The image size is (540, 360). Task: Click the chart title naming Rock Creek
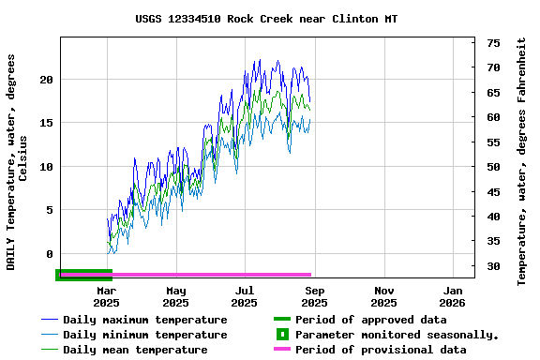point(266,19)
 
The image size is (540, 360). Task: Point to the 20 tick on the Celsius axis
point(46,80)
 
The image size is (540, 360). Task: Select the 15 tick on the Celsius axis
point(46,123)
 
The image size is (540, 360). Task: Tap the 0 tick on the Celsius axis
point(50,254)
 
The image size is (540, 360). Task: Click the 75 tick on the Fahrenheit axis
point(493,43)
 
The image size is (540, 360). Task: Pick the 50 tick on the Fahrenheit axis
point(493,167)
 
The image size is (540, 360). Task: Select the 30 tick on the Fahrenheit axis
point(493,266)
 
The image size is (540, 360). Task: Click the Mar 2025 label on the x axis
point(106,296)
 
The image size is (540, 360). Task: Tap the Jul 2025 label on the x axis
point(244,296)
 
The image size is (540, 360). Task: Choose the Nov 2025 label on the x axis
point(383,296)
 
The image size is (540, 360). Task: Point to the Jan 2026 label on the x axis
point(452,296)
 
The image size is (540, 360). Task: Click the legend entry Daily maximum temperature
point(144,320)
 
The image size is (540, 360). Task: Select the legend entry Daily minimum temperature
point(144,335)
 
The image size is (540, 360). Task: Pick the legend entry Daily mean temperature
point(135,350)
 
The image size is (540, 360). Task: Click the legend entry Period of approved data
point(370,320)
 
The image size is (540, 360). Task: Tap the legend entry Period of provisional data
point(380,350)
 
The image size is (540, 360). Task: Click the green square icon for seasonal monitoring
point(281,335)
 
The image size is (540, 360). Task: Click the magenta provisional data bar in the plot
point(187,275)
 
